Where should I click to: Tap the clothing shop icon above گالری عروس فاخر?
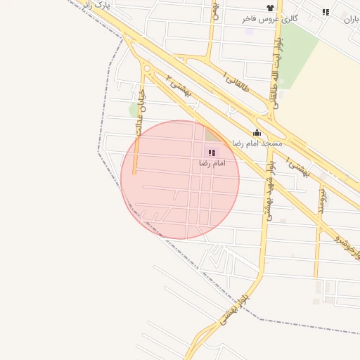point(269,8)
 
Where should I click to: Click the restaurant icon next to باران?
point(326,12)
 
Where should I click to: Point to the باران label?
point(351,20)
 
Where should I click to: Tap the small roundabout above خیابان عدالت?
point(148,68)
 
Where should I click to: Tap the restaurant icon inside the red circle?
point(211,153)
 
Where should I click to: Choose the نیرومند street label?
point(320,200)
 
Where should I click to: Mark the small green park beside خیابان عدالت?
point(134,110)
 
